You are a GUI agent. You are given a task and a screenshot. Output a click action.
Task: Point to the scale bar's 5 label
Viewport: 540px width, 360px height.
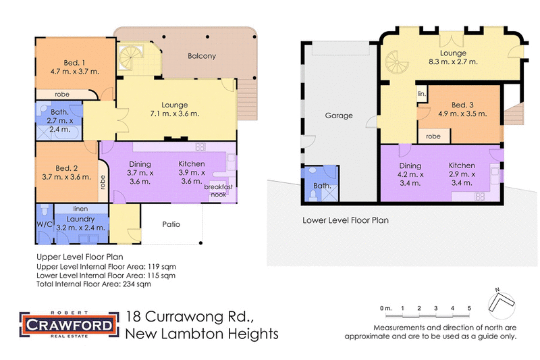pos(469,309)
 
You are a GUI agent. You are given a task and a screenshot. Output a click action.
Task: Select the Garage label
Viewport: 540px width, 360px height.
pos(339,115)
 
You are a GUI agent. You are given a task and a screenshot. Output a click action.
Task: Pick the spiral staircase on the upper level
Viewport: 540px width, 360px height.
pos(128,59)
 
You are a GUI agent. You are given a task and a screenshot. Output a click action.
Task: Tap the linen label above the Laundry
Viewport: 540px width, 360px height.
pos(80,209)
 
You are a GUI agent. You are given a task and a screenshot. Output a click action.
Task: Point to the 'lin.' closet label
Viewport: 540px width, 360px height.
pos(421,93)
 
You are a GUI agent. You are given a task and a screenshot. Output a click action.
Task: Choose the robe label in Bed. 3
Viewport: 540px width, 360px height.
pos(434,136)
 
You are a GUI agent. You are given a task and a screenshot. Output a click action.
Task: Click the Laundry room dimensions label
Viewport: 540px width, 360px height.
pos(80,227)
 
